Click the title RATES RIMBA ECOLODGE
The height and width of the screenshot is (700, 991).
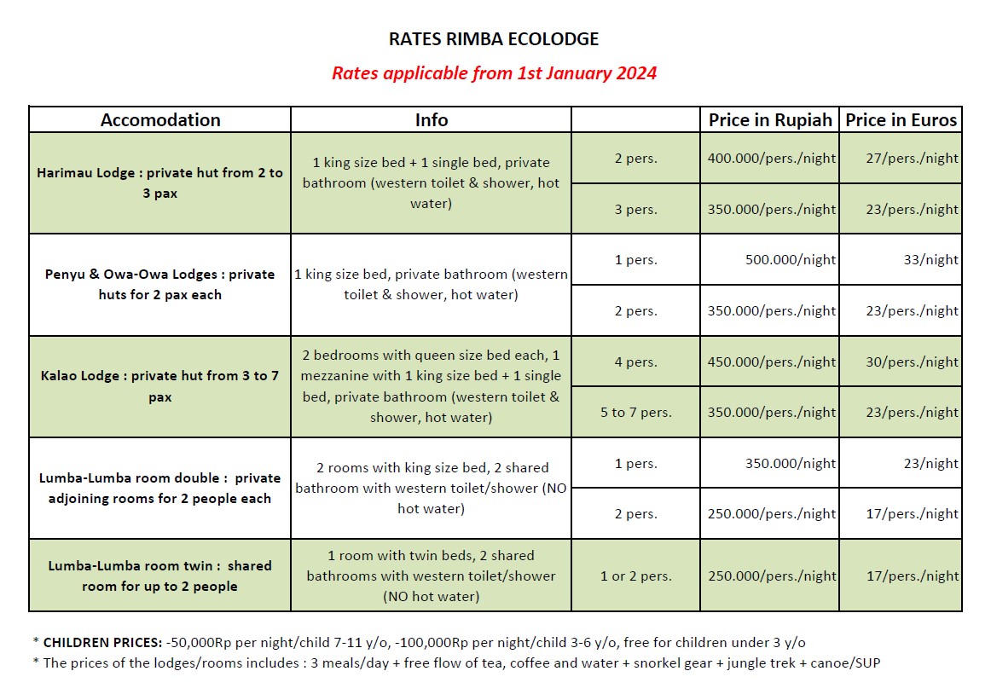point(494,39)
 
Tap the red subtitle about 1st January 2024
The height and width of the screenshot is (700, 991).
point(494,72)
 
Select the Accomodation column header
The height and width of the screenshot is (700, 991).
point(160,120)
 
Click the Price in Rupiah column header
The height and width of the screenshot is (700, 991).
point(769,120)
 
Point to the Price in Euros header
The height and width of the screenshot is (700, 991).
point(901,120)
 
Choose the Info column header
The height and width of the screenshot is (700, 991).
point(431,120)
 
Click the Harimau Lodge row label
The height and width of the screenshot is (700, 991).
point(160,182)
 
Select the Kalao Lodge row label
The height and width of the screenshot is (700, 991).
point(160,386)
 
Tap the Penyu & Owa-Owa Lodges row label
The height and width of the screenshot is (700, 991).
point(160,284)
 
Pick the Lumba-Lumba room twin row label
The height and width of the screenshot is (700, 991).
point(160,576)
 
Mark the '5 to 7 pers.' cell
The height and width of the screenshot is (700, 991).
point(635,413)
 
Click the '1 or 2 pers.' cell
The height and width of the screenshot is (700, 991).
point(635,576)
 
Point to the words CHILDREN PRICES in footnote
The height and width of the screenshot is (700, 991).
point(101,642)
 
